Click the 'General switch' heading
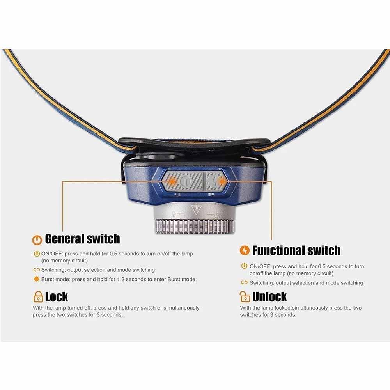(82, 239)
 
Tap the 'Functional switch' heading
(296, 250)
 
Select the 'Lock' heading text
(57, 297)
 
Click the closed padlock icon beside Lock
(38, 297)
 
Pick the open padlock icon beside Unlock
(244, 297)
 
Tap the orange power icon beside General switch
(37, 239)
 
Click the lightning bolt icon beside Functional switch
(245, 250)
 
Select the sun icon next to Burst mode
(37, 279)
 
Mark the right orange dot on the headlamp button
(222, 181)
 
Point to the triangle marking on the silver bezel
(196, 211)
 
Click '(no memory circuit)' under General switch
(64, 261)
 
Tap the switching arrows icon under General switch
(37, 270)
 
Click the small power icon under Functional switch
(245, 266)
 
